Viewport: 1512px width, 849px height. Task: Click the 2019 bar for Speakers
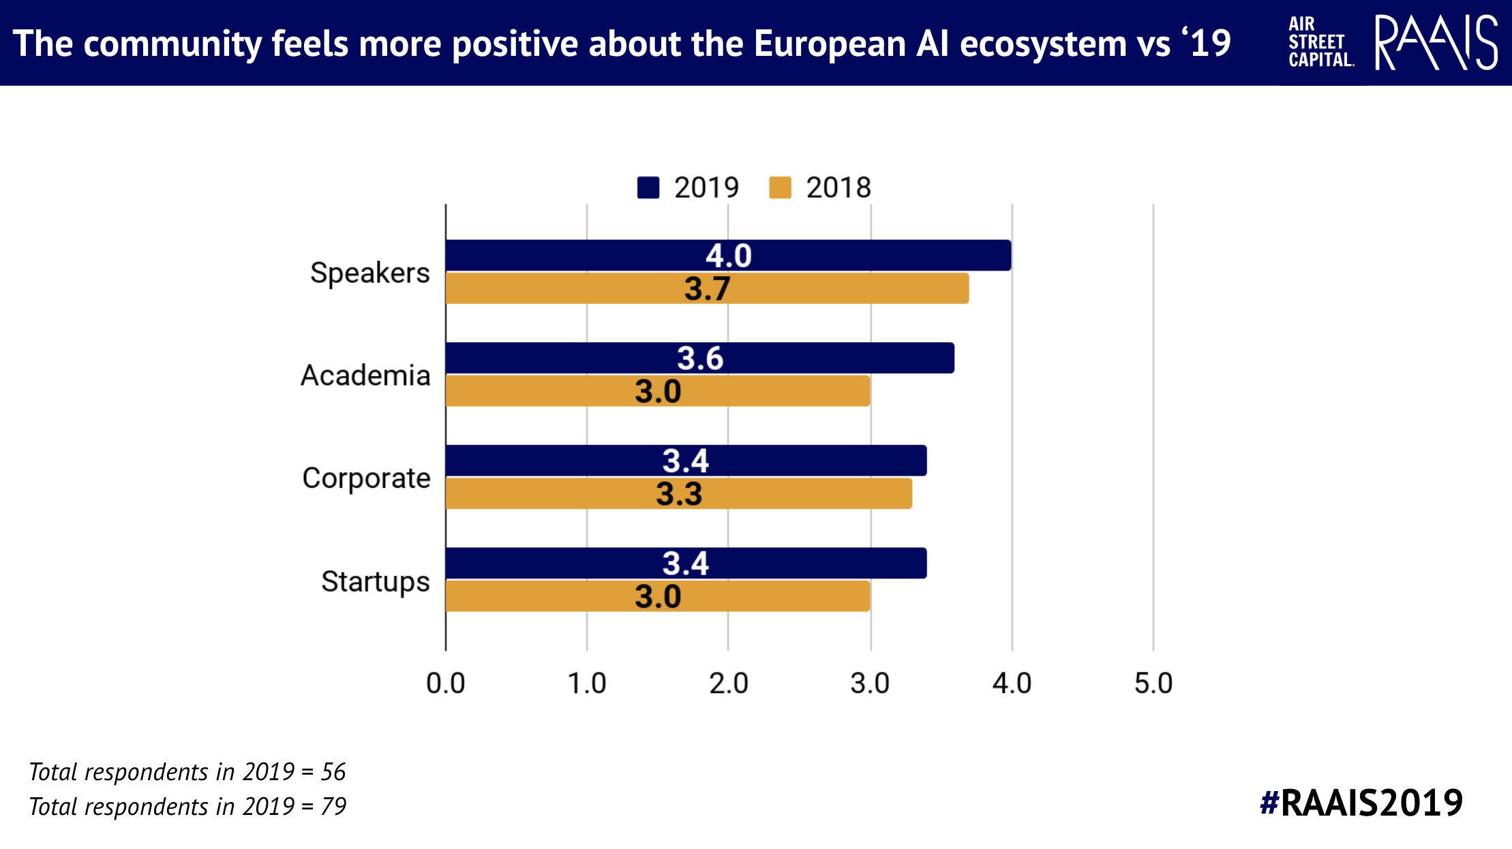[728, 256]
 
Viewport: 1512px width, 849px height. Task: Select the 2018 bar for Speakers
[707, 288]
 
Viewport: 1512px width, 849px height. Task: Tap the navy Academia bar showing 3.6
[700, 358]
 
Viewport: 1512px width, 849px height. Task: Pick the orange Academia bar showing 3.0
[658, 391]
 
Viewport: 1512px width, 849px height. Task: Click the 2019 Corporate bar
[686, 461]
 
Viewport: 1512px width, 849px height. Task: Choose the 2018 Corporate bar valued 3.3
[679, 493]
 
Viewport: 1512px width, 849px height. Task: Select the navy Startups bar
[686, 564]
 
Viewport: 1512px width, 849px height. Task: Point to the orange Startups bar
[658, 596]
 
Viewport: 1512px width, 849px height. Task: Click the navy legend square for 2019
[648, 187]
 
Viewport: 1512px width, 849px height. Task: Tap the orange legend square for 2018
[780, 187]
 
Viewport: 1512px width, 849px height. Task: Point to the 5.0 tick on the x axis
[1153, 683]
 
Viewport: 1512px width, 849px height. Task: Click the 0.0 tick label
[446, 683]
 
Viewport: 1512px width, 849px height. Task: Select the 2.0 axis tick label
[729, 683]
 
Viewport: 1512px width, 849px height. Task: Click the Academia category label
[365, 375]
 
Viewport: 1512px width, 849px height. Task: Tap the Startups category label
[376, 582]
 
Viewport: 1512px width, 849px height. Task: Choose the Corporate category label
[366, 479]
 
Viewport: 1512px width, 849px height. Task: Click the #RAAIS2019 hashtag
[1361, 803]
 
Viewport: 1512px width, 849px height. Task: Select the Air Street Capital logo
[1320, 42]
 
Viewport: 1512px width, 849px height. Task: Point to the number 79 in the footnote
[333, 807]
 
